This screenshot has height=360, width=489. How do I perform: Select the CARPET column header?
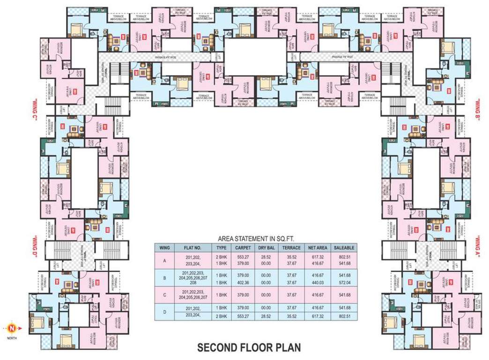[242, 247]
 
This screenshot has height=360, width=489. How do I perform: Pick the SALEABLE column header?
[344, 247]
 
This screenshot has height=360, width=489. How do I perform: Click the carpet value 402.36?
[242, 283]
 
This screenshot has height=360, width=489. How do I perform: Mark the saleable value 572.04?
[344, 283]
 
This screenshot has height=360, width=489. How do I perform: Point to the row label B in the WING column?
[164, 277]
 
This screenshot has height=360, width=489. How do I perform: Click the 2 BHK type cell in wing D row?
[221, 317]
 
